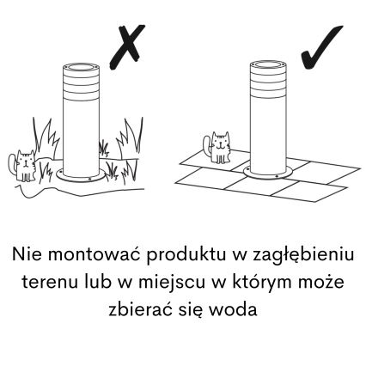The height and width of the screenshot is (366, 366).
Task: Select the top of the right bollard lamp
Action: click(x=264, y=65)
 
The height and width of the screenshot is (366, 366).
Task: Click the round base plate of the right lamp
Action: click(x=266, y=174)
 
